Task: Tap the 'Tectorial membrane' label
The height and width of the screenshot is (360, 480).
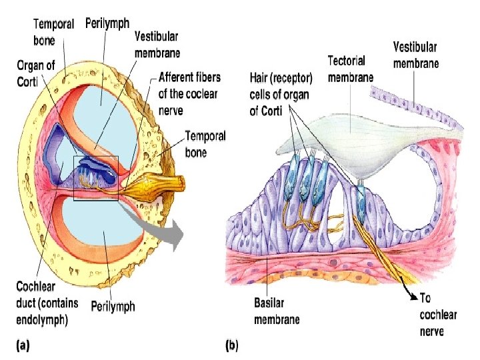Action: tap(350, 69)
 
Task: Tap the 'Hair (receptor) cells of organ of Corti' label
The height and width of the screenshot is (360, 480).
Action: tap(279, 94)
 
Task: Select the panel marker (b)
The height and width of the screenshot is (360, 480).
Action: tap(232, 345)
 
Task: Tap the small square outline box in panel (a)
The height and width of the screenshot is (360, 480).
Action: tap(95, 177)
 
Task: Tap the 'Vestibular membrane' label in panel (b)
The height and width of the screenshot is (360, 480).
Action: tap(415, 55)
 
